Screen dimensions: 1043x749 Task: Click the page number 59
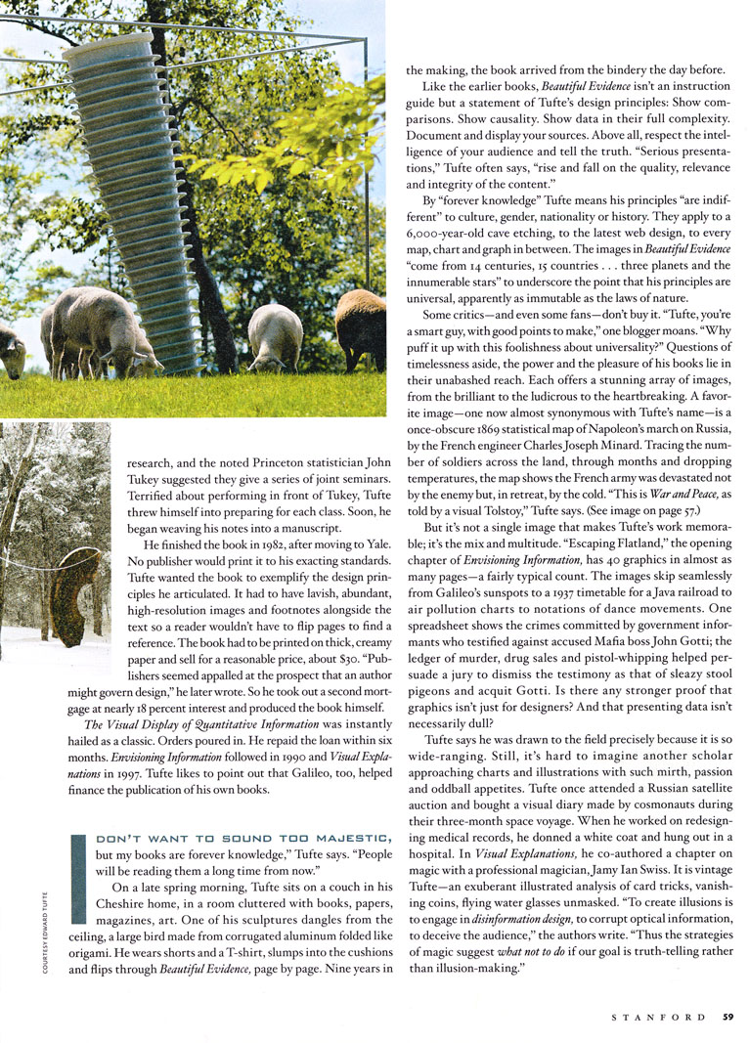pos(729,1017)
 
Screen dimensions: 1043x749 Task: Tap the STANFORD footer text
pos(657,1017)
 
